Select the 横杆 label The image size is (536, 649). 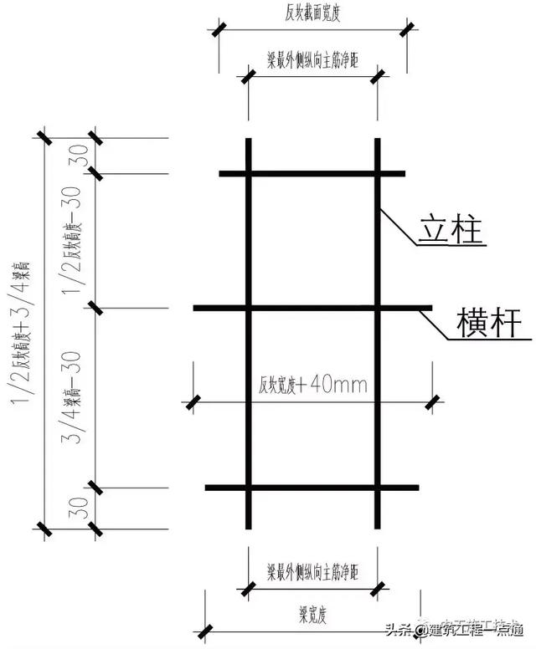(490, 322)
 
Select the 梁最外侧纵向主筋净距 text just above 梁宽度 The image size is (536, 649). (312, 573)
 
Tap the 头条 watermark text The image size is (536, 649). (399, 631)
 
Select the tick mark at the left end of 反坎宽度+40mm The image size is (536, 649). (193, 401)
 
